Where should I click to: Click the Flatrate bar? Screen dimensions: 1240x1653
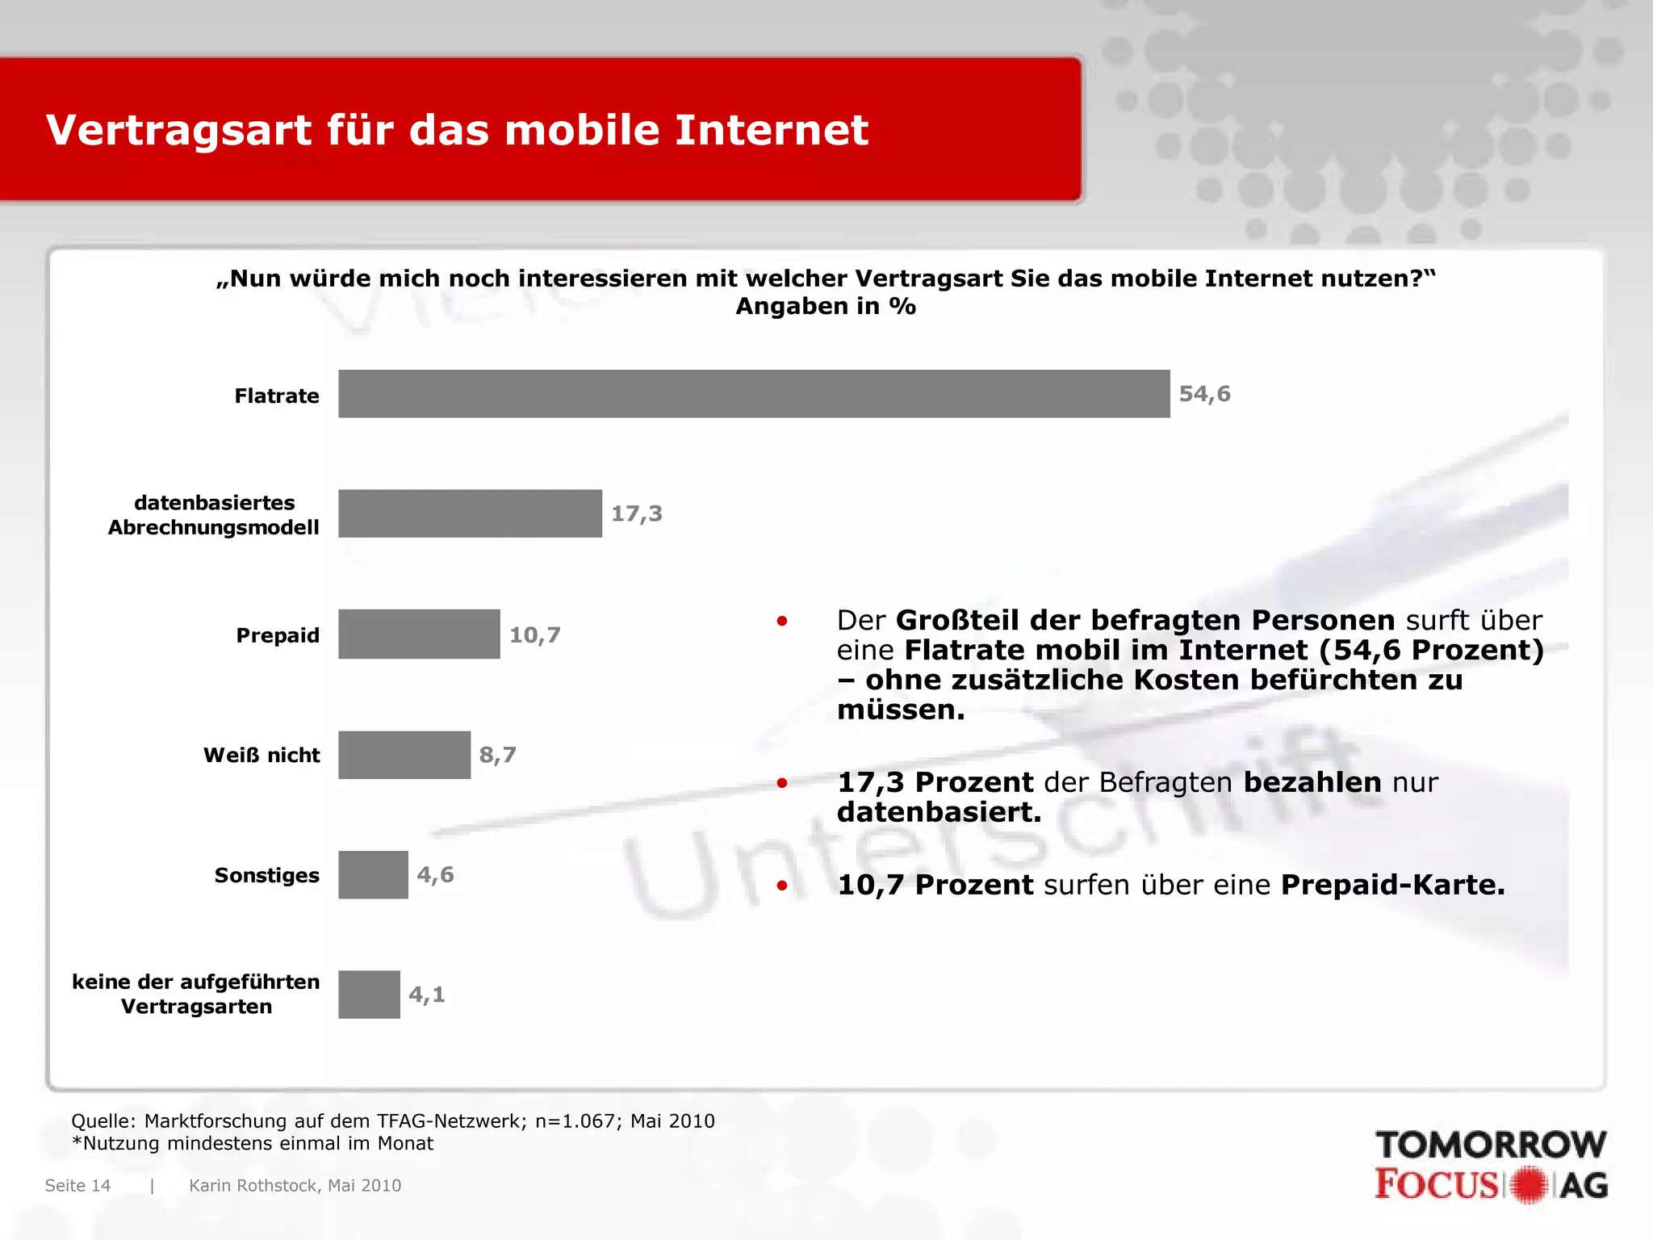pyautogui.click(x=754, y=394)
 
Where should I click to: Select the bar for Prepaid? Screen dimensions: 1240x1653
pyautogui.click(x=419, y=635)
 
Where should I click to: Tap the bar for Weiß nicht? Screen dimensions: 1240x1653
pyautogui.click(x=404, y=755)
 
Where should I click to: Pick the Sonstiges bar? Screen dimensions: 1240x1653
pyautogui.click(x=373, y=875)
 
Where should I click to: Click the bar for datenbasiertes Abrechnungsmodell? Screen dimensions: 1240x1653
pyautogui.click(x=470, y=513)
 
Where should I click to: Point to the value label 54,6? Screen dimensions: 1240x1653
pyautogui.click(x=1204, y=394)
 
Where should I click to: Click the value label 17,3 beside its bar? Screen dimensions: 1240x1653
pyautogui.click(x=636, y=513)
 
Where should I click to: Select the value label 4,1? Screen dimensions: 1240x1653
pyautogui.click(x=426, y=995)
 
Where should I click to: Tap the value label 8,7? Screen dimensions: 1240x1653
pyautogui.click(x=497, y=755)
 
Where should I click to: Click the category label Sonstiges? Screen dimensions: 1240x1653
pyautogui.click(x=266, y=875)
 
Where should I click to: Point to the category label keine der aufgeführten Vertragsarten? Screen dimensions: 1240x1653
pyautogui.click(x=196, y=994)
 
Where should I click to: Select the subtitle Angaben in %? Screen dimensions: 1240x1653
pyautogui.click(x=826, y=307)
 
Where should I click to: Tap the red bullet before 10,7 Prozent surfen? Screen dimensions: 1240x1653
pyautogui.click(x=781, y=886)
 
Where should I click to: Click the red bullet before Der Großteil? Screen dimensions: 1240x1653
pyautogui.click(x=781, y=621)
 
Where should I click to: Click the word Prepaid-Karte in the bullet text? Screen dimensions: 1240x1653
pyautogui.click(x=1392, y=885)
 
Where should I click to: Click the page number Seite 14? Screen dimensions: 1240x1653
pyautogui.click(x=77, y=1185)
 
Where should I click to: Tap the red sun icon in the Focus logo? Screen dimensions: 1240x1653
pyautogui.click(x=1528, y=1185)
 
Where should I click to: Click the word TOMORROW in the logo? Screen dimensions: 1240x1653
pyautogui.click(x=1490, y=1145)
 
